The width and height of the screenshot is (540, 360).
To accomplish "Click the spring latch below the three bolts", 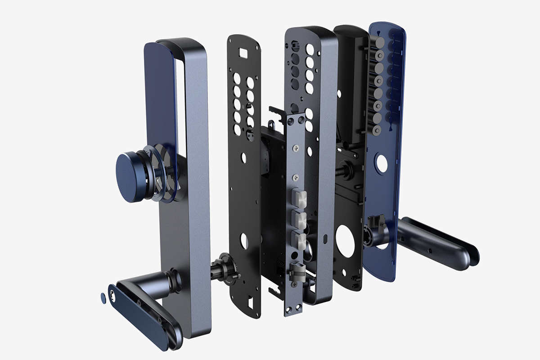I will tap(297, 270).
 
